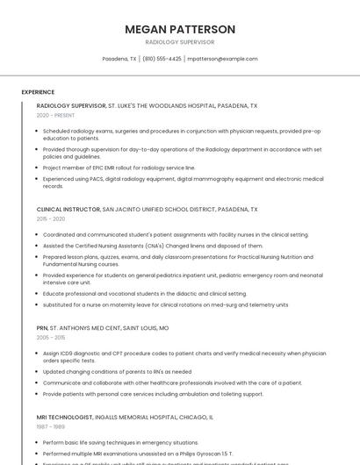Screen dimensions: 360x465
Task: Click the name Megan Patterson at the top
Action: pos(180,29)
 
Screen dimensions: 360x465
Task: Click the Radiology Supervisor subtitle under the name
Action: pos(180,42)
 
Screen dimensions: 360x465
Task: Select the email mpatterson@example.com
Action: pos(223,59)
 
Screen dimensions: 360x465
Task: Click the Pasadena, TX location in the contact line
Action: pos(119,59)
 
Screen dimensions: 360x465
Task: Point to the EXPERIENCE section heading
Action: pos(38,92)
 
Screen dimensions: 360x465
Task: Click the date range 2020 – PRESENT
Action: pos(55,115)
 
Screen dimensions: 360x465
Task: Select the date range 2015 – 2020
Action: pos(51,218)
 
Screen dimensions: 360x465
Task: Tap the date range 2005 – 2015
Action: pos(51,337)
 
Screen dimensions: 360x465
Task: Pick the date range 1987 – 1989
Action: pos(50,426)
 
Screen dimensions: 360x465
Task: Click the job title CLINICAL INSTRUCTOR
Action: pos(68,210)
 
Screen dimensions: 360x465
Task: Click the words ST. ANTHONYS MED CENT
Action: pos(85,328)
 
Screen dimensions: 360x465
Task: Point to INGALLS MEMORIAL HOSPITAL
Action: pos(134,418)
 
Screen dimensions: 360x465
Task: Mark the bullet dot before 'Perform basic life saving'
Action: pos(38,443)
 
